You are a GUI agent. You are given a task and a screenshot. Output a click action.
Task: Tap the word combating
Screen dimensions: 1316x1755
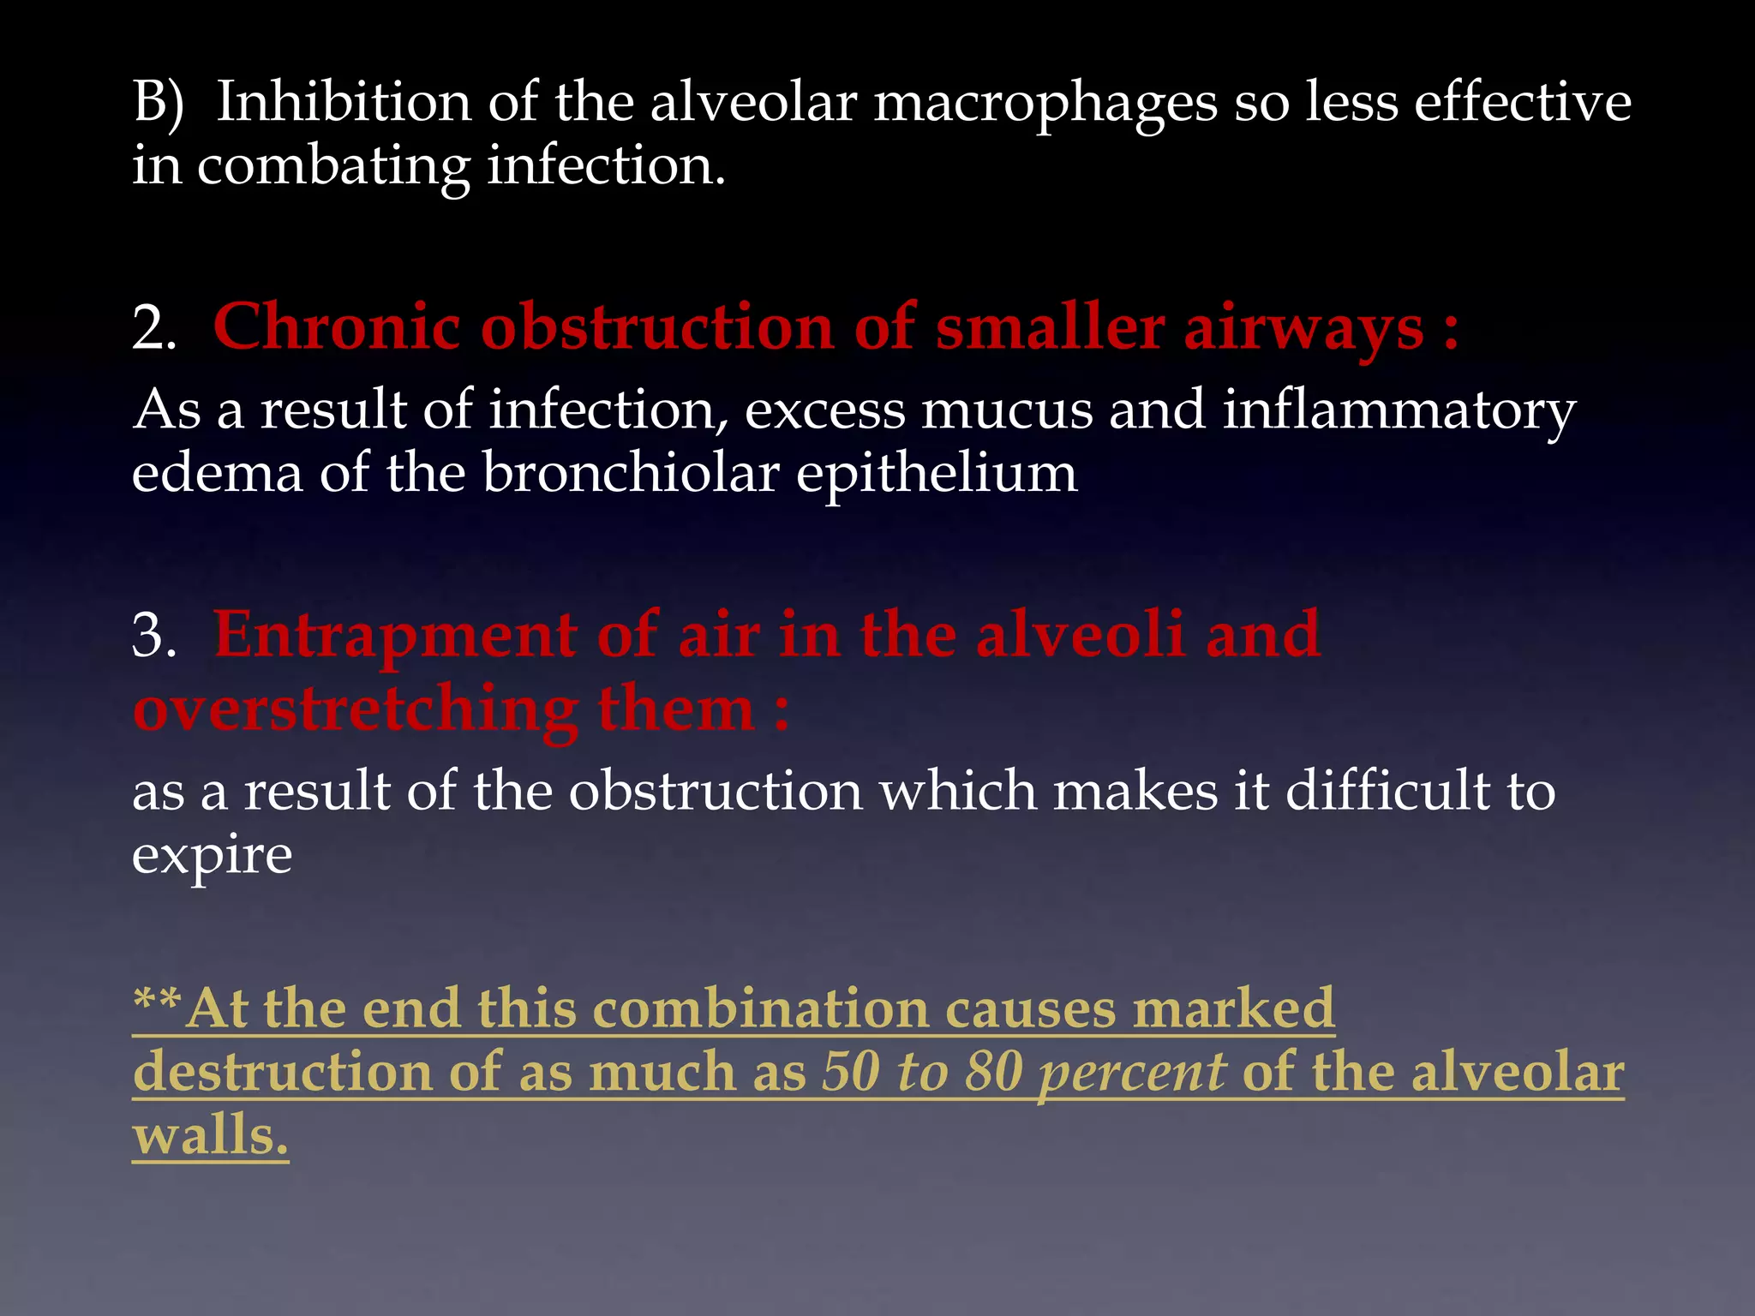333,166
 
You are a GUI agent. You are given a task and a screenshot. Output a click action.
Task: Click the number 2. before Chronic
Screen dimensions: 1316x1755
154,329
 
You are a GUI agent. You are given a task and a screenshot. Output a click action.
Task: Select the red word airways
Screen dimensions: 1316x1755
1303,329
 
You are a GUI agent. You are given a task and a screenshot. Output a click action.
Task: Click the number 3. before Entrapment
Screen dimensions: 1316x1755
154,637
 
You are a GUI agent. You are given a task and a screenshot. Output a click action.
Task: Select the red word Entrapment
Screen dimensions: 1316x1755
394,637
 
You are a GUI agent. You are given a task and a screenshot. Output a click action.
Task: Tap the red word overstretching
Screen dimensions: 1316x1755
356,711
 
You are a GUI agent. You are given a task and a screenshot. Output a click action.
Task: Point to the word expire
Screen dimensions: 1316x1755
212,855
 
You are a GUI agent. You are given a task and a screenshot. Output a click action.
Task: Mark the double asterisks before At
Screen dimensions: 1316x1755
158,1001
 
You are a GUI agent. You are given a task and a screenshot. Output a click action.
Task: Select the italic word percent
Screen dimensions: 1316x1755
1132,1074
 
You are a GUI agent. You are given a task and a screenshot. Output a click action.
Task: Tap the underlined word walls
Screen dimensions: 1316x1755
210,1136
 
